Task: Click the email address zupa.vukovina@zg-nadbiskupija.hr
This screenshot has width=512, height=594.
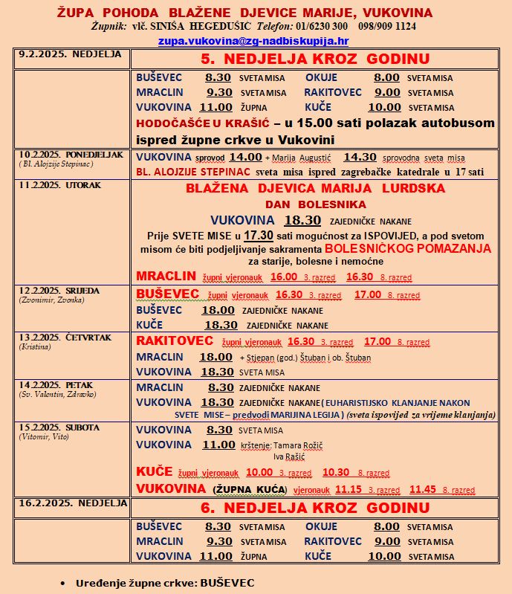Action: click(253, 42)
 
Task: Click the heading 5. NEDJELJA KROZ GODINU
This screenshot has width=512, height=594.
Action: click(315, 59)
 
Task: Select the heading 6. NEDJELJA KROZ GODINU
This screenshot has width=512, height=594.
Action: click(315, 509)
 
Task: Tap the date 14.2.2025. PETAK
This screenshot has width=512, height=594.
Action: click(57, 385)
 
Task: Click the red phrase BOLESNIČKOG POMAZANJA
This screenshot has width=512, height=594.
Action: click(409, 248)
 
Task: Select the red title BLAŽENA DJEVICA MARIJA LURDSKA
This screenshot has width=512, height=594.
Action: click(315, 189)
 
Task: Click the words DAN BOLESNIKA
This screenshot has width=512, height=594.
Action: click(315, 203)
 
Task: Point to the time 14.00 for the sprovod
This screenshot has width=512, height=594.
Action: click(245, 157)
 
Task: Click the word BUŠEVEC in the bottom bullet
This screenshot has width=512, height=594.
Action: click(226, 582)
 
